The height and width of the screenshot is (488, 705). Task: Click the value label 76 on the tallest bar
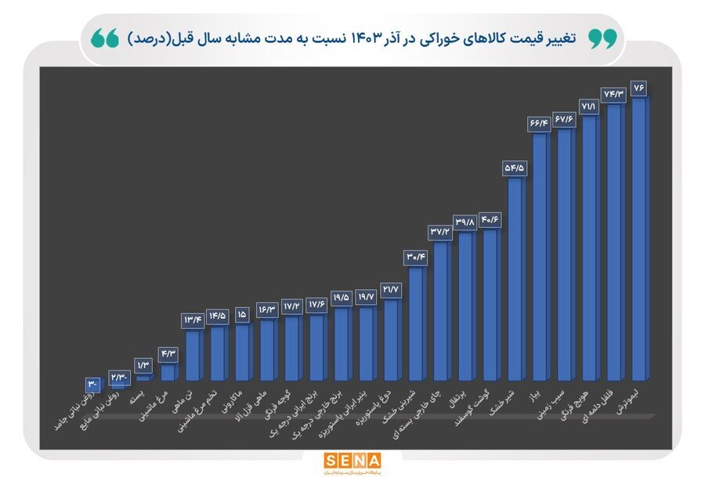pos(639,86)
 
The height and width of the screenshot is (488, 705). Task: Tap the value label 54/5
pos(515,167)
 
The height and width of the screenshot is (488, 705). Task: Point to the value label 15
pos(242,313)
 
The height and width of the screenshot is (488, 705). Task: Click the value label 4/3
pos(168,353)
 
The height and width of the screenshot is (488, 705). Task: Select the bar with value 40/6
pos(491,305)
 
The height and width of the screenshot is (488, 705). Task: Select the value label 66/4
pos(540,123)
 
